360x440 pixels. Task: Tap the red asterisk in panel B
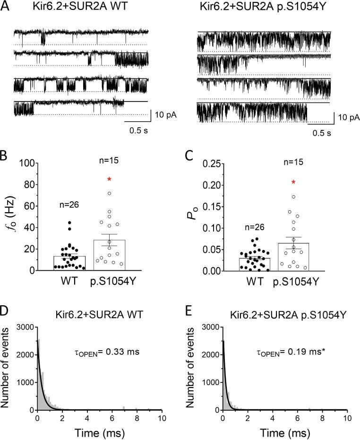(x=109, y=180)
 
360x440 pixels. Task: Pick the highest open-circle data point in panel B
(x=109, y=193)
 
